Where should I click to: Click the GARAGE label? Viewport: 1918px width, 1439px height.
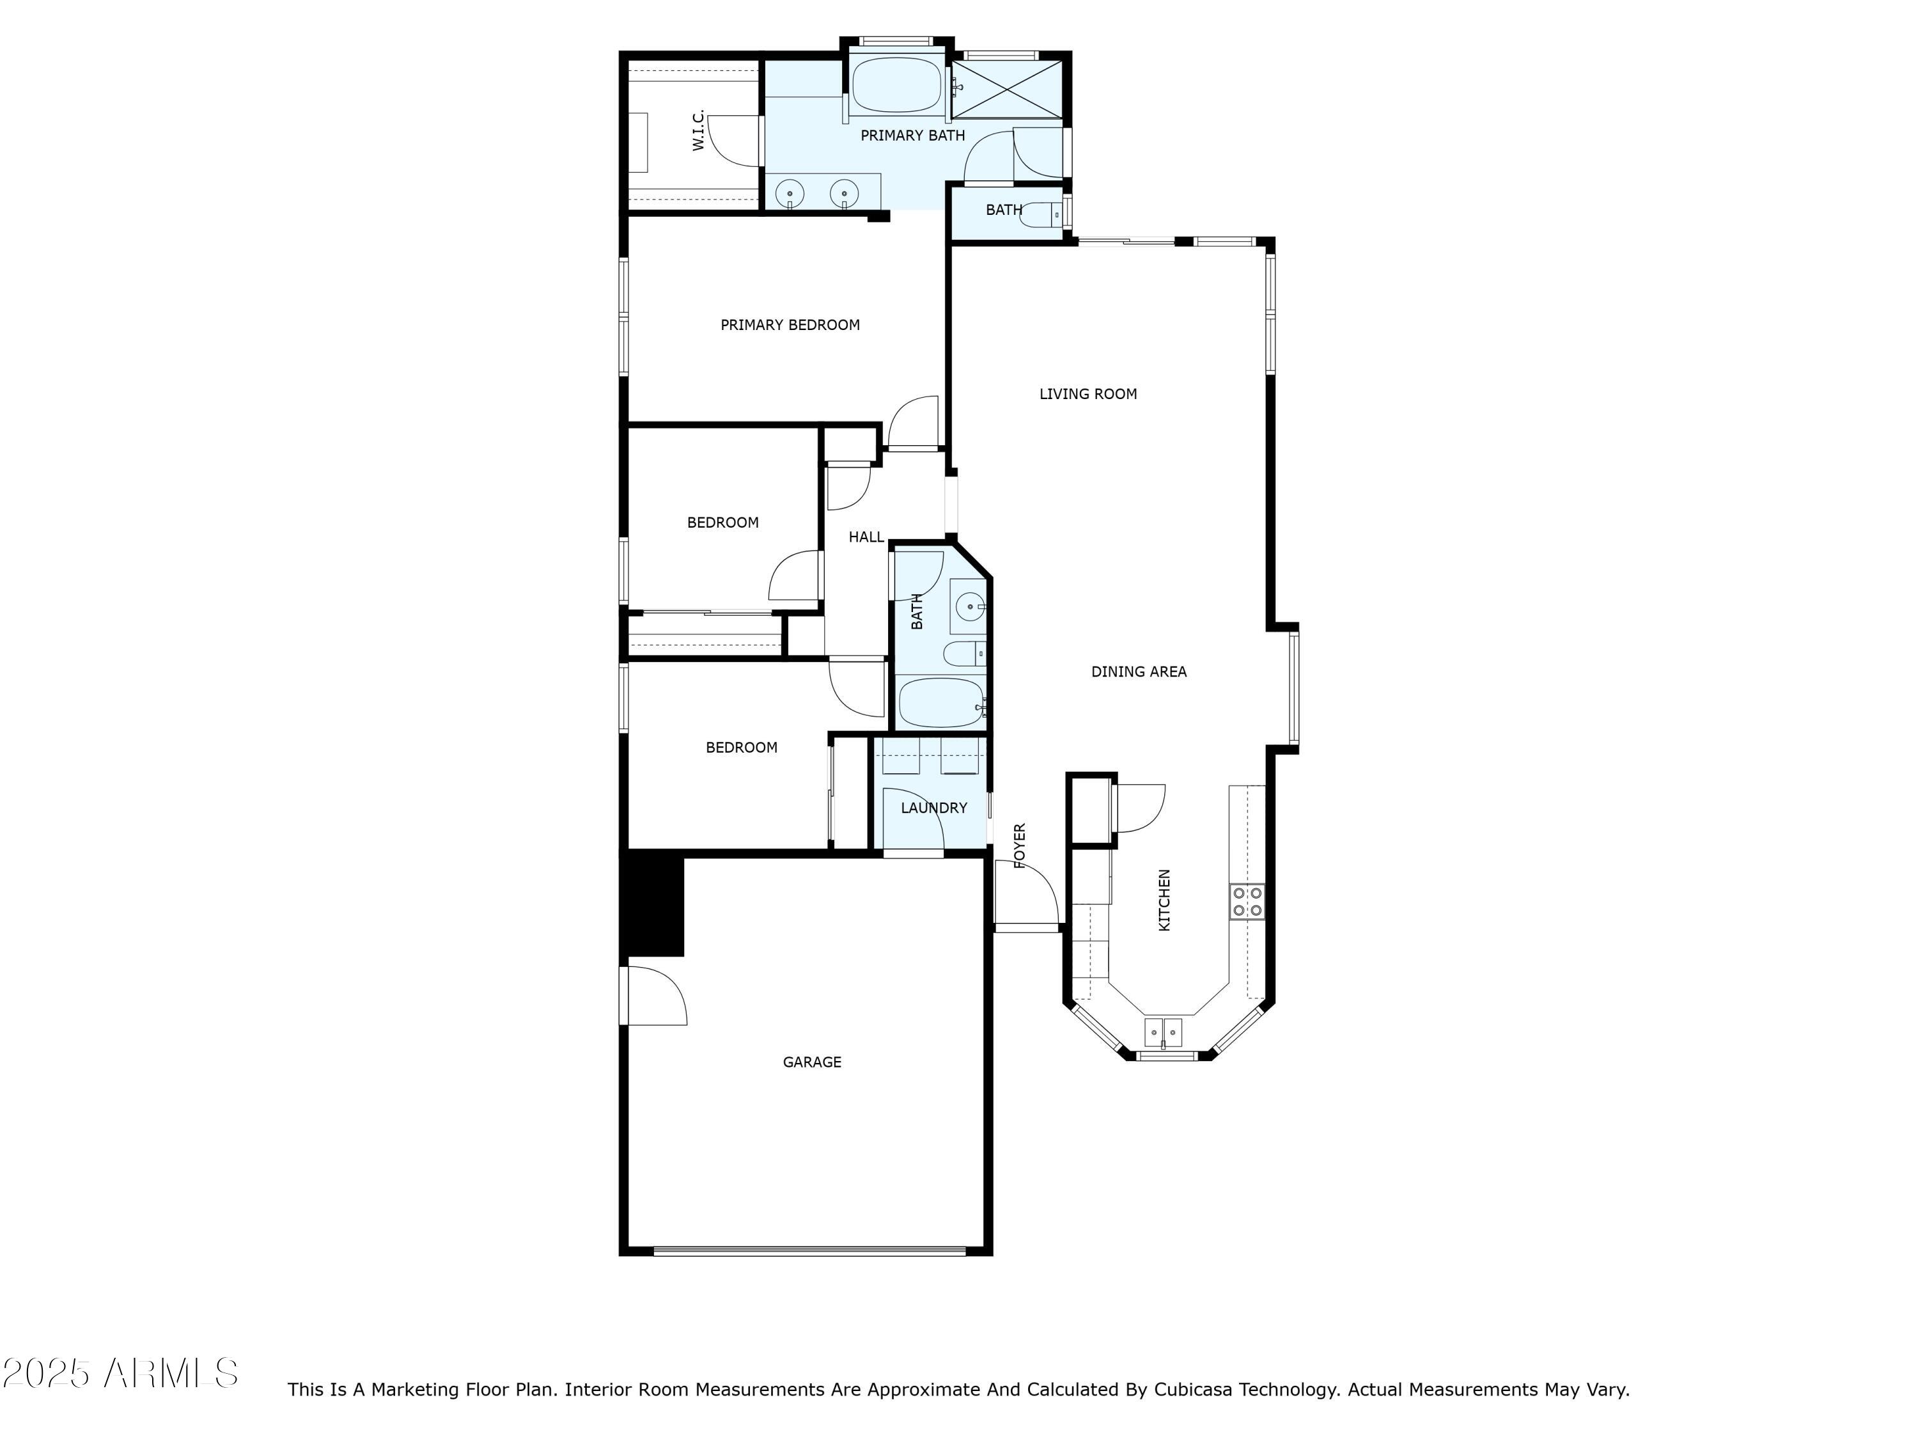(811, 1062)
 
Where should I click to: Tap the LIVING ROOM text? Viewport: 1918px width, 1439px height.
(1088, 394)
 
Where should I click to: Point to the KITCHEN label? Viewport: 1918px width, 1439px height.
(1164, 900)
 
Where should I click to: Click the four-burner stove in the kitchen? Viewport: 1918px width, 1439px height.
(1246, 901)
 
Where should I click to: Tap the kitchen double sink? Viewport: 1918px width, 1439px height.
(1163, 1033)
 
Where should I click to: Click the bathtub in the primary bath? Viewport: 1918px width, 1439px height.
(896, 85)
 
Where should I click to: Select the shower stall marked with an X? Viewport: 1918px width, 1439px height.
(1007, 90)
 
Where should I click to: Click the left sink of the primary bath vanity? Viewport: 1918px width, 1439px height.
(789, 193)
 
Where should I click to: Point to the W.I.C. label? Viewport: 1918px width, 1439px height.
(699, 130)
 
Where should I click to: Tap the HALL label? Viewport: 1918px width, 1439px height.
(866, 537)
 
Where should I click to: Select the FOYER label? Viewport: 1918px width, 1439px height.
(1020, 845)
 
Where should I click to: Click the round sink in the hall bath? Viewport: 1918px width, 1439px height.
(969, 606)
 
